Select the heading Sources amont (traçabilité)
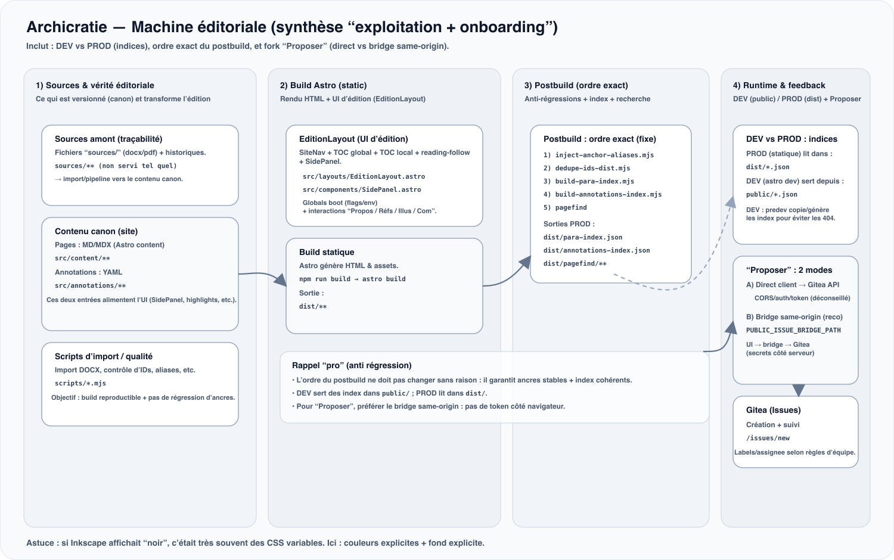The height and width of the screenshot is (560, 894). click(x=108, y=139)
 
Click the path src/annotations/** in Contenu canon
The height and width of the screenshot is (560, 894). click(x=90, y=286)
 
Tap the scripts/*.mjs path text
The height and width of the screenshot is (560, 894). click(x=80, y=384)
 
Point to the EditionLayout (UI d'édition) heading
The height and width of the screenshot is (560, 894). click(x=353, y=139)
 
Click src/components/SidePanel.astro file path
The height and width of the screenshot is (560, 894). click(x=362, y=190)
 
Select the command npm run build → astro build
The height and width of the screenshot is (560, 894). click(x=352, y=279)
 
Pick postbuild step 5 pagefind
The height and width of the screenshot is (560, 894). click(x=570, y=208)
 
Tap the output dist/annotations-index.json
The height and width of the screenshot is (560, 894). click(x=597, y=251)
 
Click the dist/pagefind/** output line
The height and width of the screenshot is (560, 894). click(x=575, y=264)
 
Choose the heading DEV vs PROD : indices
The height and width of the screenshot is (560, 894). click(x=791, y=139)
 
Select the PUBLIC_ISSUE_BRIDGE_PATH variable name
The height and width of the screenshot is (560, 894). click(x=793, y=331)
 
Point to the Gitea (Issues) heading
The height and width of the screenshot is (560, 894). click(x=773, y=410)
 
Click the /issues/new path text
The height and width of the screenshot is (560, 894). click(x=768, y=438)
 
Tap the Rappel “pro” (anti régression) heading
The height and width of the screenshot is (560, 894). click(x=352, y=366)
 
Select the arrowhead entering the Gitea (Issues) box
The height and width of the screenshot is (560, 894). click(x=799, y=390)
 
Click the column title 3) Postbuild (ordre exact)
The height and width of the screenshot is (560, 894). click(x=576, y=86)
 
